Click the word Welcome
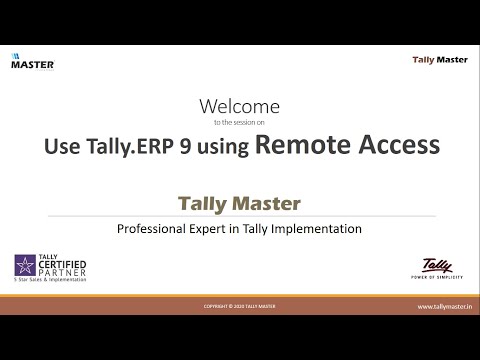tap(240, 106)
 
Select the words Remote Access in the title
tap(347, 145)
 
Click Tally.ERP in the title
tap(133, 146)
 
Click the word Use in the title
tap(63, 146)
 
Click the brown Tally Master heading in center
tap(239, 203)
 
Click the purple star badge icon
tap(23, 266)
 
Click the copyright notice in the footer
tap(240, 307)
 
